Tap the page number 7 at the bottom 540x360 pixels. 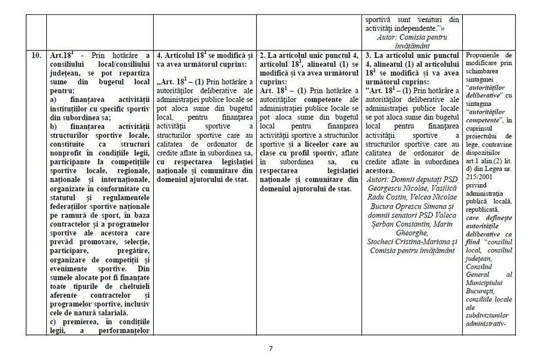[x=271, y=348]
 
